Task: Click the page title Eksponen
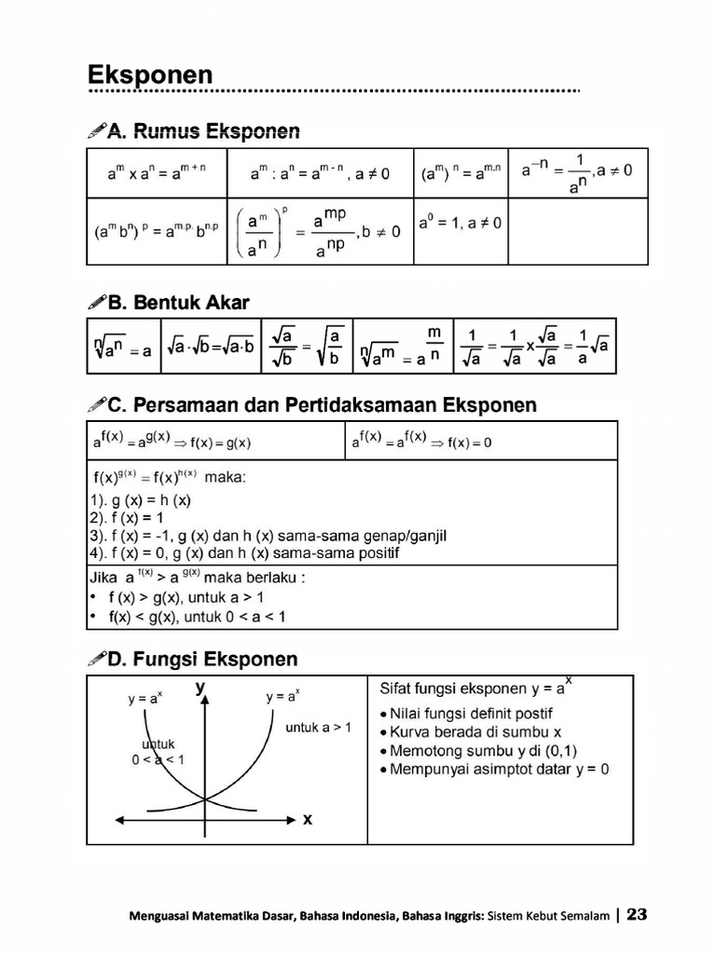pos(150,75)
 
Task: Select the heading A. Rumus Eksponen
pos(203,131)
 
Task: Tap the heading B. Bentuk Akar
pos(178,302)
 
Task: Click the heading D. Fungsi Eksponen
pos(202,660)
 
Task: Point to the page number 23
pos(637,915)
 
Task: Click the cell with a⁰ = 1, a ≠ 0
pos(460,224)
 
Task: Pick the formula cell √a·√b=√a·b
pos(210,350)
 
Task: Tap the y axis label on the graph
pos(200,688)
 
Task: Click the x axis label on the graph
pos(308,820)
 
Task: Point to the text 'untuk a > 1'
pos(319,727)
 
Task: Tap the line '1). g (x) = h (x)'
pos(140,499)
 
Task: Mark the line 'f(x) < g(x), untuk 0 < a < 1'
pos(196,616)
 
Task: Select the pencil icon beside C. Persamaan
pos(96,406)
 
